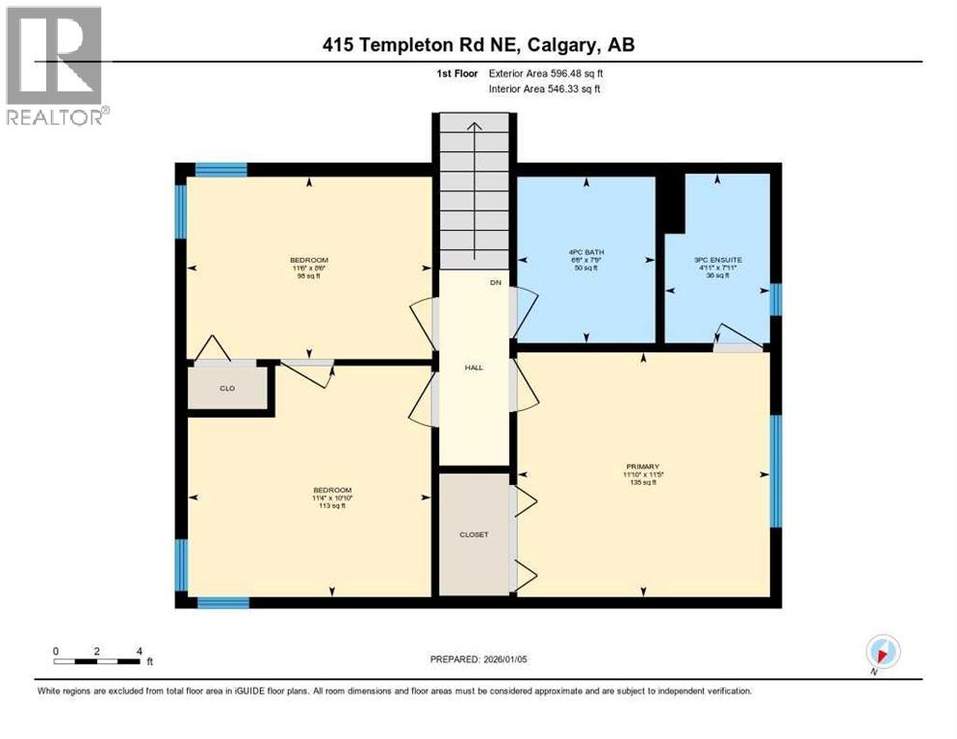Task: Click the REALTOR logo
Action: [56, 65]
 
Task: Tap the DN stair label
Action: [496, 283]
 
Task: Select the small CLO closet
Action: [227, 388]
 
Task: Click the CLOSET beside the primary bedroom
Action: [473, 534]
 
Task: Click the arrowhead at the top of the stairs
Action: [473, 124]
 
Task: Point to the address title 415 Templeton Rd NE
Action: [478, 44]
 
